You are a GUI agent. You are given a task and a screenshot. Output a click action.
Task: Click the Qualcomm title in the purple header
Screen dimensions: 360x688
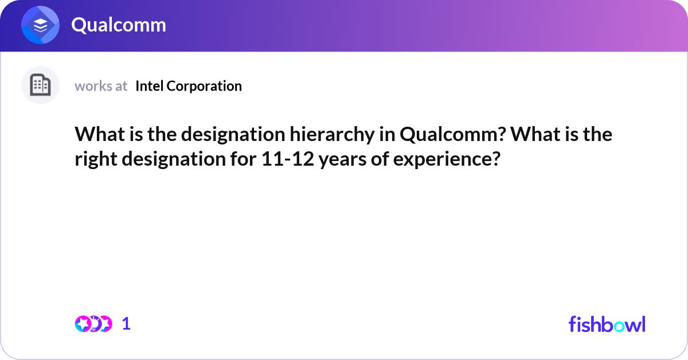tap(119, 25)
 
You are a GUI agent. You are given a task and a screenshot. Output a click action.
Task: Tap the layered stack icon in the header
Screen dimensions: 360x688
tap(41, 25)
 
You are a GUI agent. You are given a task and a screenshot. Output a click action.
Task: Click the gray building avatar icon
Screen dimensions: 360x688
tap(40, 85)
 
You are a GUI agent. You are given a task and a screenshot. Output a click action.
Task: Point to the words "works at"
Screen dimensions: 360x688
tap(101, 86)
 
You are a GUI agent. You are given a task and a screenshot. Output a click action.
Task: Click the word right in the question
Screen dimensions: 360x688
tap(95, 159)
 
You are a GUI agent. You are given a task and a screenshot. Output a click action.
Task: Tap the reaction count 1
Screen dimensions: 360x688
tap(126, 324)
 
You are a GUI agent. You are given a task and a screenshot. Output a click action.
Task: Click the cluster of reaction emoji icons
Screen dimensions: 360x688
tap(93, 324)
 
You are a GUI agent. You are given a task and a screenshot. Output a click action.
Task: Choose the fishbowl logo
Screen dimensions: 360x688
tap(607, 324)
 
